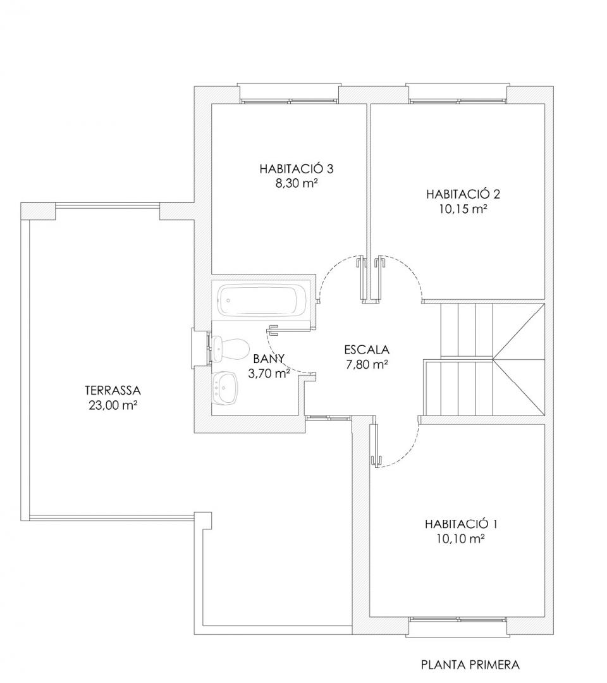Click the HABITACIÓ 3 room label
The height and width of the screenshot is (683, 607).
[x=297, y=169]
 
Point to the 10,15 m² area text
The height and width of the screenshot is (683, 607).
[x=463, y=209]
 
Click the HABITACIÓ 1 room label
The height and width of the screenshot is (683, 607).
[x=461, y=524]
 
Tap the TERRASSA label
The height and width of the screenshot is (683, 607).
[x=113, y=390]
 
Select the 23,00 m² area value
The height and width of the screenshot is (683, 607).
[x=113, y=405]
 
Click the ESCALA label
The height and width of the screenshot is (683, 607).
[x=367, y=349]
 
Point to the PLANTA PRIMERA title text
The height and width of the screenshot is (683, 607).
[x=470, y=665]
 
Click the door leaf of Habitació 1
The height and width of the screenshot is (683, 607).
[x=374, y=445]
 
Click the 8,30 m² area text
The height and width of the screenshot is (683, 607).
[x=295, y=184]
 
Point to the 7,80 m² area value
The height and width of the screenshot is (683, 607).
[x=367, y=365]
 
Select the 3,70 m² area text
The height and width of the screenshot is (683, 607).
[x=269, y=373]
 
